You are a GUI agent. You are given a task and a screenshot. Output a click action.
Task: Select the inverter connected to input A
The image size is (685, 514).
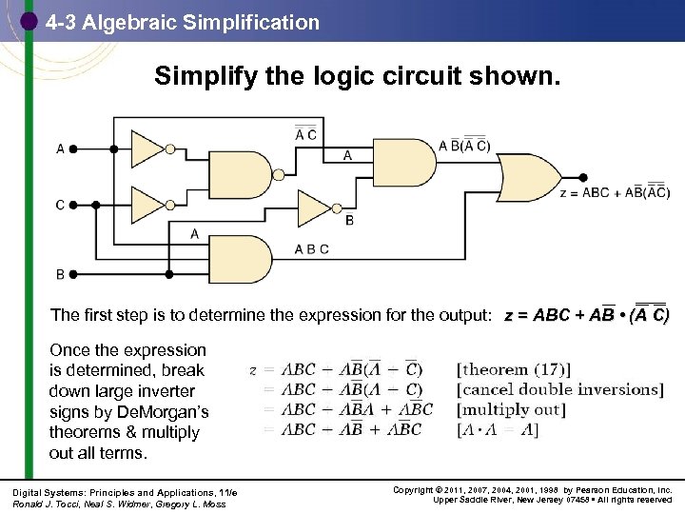tap(148, 148)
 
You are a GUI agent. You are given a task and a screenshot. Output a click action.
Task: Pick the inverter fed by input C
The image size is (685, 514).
tap(148, 204)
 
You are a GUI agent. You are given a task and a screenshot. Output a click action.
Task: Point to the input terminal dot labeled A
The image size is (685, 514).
tap(73, 148)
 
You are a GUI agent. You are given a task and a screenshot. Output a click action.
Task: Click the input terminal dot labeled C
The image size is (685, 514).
tap(73, 204)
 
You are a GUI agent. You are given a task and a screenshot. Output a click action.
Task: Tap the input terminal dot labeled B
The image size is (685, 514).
tap(73, 274)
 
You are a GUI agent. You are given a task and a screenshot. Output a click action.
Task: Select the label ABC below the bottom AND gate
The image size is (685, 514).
tap(311, 249)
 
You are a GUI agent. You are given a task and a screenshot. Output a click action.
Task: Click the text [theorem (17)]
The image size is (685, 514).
tap(514, 369)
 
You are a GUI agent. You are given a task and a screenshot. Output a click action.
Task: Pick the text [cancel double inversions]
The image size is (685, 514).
tap(559, 389)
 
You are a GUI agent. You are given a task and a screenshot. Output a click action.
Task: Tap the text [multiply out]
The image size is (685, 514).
tap(511, 409)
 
